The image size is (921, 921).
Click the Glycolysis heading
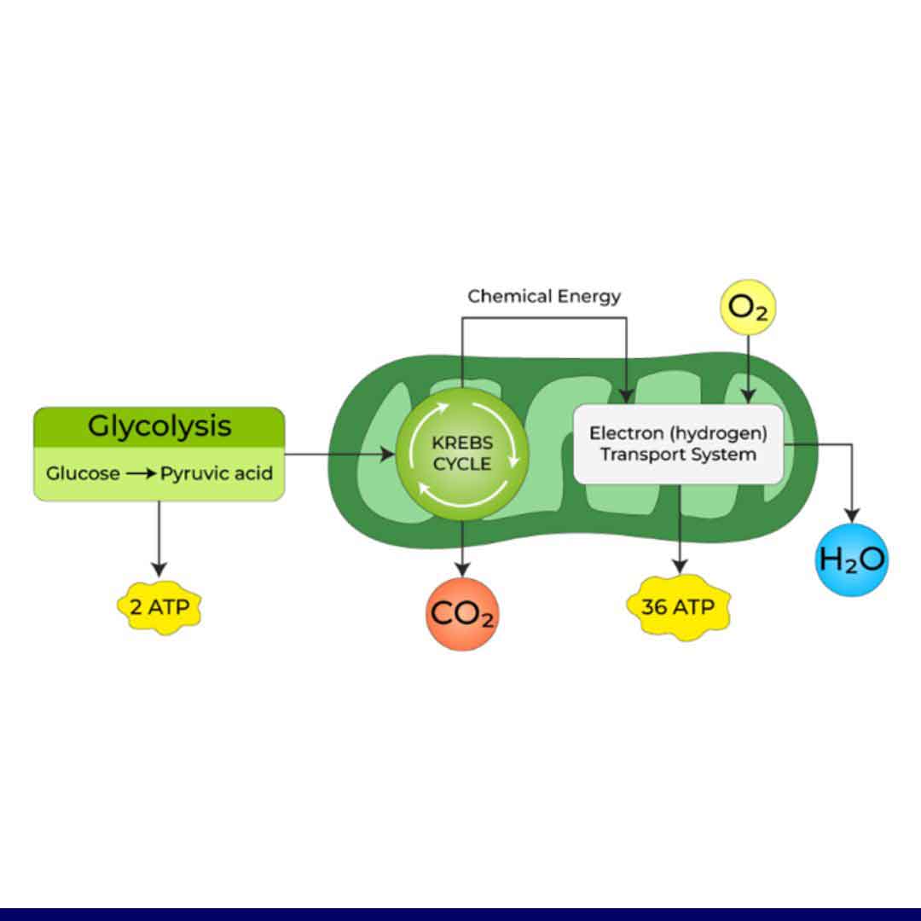pos(159,426)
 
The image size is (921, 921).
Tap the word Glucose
pos(83,472)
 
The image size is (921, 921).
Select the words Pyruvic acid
pos(217,472)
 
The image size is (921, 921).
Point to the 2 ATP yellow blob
pos(159,608)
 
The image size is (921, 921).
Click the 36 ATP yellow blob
pos(679,608)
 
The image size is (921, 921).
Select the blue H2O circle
pos(852,560)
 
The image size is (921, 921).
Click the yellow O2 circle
pos(748,309)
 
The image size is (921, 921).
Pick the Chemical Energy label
pos(544,297)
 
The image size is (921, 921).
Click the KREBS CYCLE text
pos(462,454)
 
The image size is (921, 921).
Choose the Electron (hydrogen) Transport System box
pos(678,443)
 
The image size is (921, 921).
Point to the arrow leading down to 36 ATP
pos(679,529)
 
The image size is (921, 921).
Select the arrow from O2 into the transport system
pos(748,367)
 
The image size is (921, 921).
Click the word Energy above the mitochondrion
pos(589,297)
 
